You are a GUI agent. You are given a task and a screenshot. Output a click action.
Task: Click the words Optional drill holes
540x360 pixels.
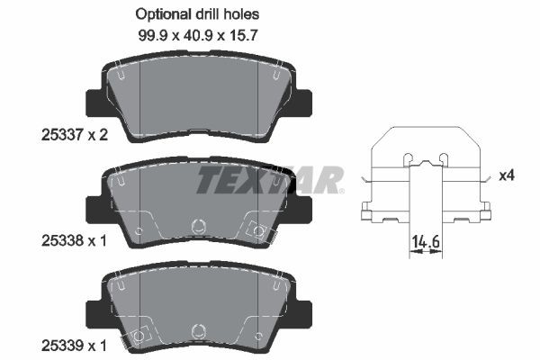coord(196,13)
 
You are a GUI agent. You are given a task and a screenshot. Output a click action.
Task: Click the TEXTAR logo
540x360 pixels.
coord(270,180)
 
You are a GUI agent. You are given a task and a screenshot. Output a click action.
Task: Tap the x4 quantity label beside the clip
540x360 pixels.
coord(507,175)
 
